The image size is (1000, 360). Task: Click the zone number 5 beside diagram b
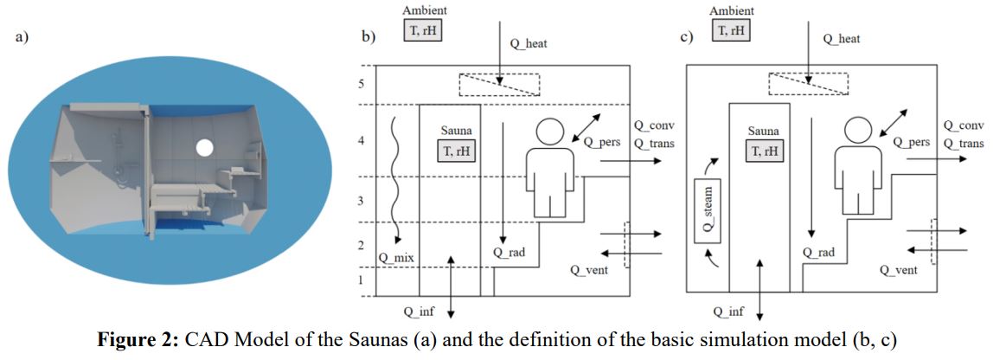366,85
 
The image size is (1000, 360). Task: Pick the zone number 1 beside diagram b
366,280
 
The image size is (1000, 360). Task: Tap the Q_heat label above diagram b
529,43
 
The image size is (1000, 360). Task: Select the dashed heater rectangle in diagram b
499,84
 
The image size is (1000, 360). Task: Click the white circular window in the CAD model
204,147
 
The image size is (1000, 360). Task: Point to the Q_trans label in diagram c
963,143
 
